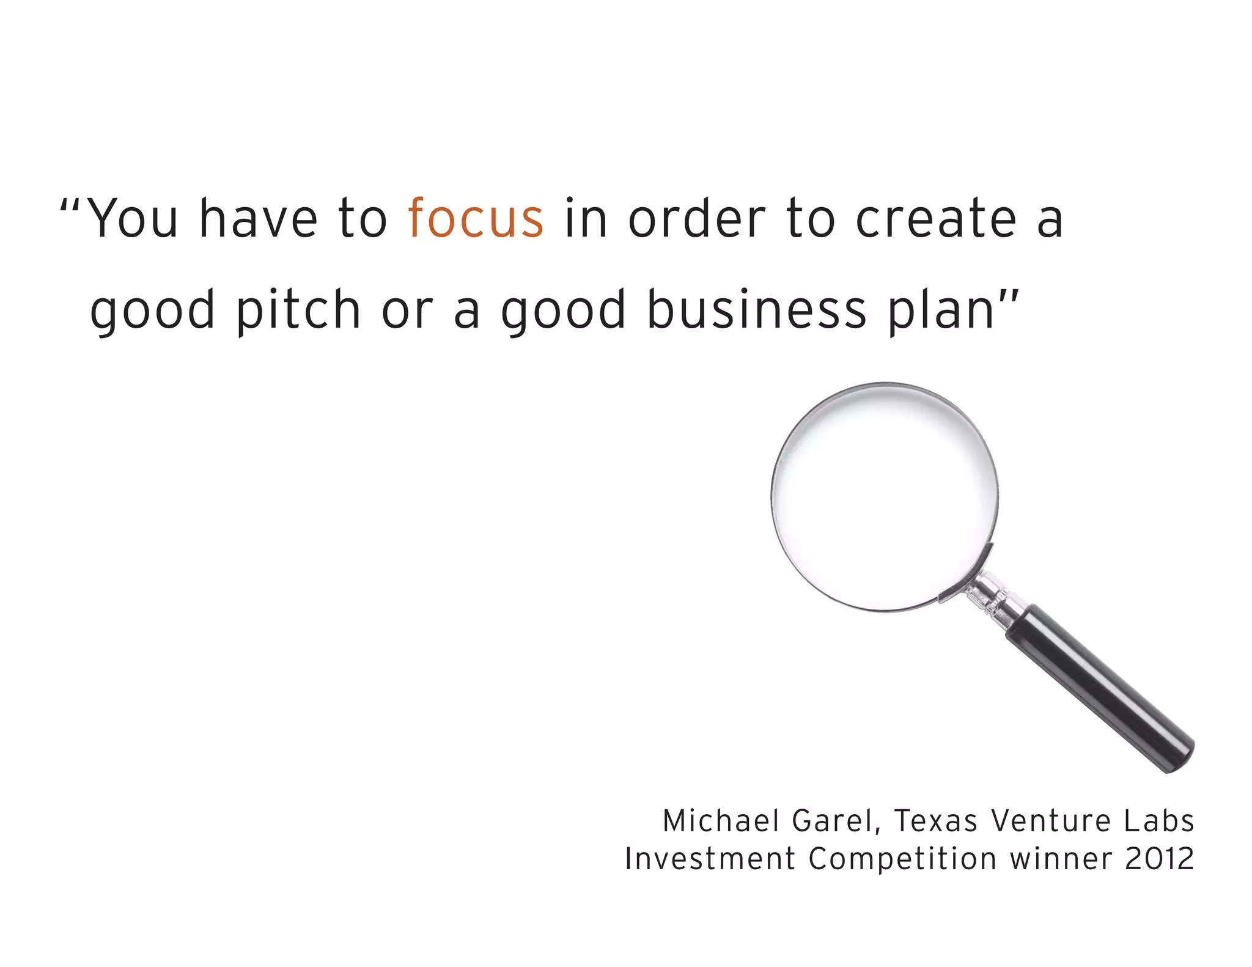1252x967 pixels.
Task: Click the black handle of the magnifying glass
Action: click(1100, 688)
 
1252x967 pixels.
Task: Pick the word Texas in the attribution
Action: click(936, 821)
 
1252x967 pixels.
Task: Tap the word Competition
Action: click(902, 859)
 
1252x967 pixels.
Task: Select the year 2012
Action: click(1160, 859)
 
